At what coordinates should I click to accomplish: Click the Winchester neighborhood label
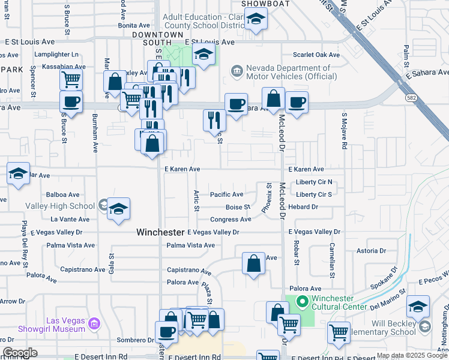click(x=160, y=232)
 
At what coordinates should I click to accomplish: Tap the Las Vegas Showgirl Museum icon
click(x=93, y=325)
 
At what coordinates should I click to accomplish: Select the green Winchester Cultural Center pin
click(x=303, y=302)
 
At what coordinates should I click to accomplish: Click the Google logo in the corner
click(x=20, y=353)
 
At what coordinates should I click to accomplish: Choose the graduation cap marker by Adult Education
click(x=256, y=20)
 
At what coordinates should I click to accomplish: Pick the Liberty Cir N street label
click(x=314, y=182)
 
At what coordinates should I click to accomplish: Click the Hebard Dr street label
click(x=303, y=207)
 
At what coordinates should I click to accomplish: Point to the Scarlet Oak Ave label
click(x=316, y=55)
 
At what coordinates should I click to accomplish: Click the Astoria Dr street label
click(x=367, y=251)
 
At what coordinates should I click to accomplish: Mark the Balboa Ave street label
click(x=63, y=195)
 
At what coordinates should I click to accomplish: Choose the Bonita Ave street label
click(x=134, y=26)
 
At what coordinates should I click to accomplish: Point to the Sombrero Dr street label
click(x=135, y=340)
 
